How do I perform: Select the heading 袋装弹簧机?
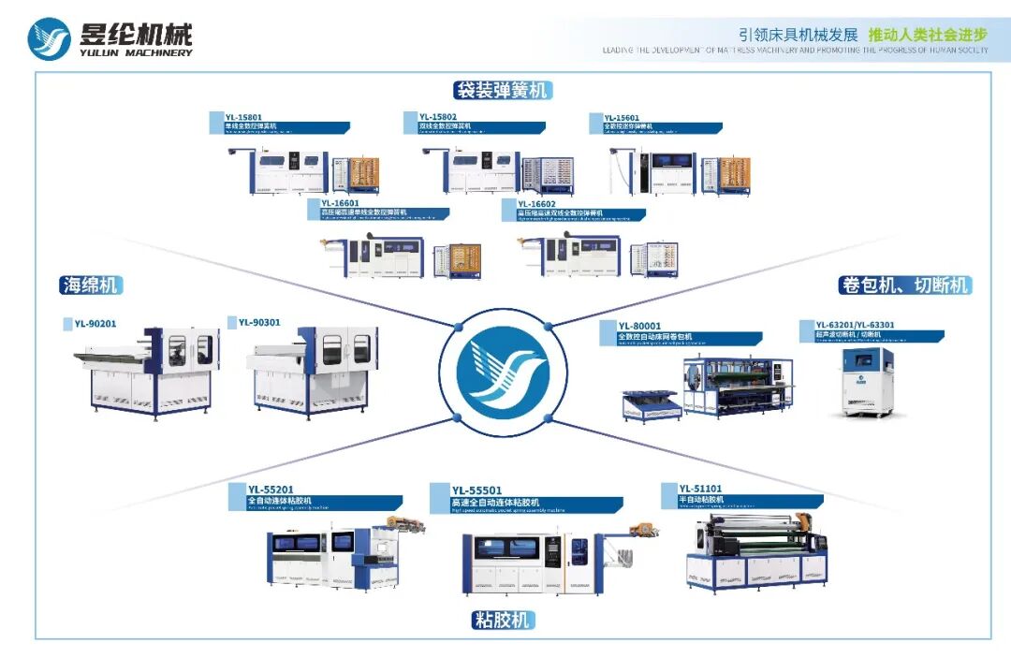[x=503, y=90]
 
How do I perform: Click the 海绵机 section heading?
[x=90, y=285]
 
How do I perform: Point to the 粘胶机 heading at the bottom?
[x=503, y=620]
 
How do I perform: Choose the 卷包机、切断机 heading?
[x=904, y=285]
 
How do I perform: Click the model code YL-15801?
[x=242, y=117]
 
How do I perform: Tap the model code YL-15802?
[x=438, y=117]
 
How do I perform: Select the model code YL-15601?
[x=622, y=117]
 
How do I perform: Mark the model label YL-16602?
[x=536, y=203]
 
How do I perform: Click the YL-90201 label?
[x=97, y=324]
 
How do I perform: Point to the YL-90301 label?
[x=259, y=322]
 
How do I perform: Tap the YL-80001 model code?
[x=639, y=326]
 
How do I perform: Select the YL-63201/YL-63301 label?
[x=855, y=325]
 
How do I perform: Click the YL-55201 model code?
[x=271, y=489]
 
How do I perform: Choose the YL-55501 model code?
[x=476, y=490]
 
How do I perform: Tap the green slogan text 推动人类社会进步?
[x=928, y=35]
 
